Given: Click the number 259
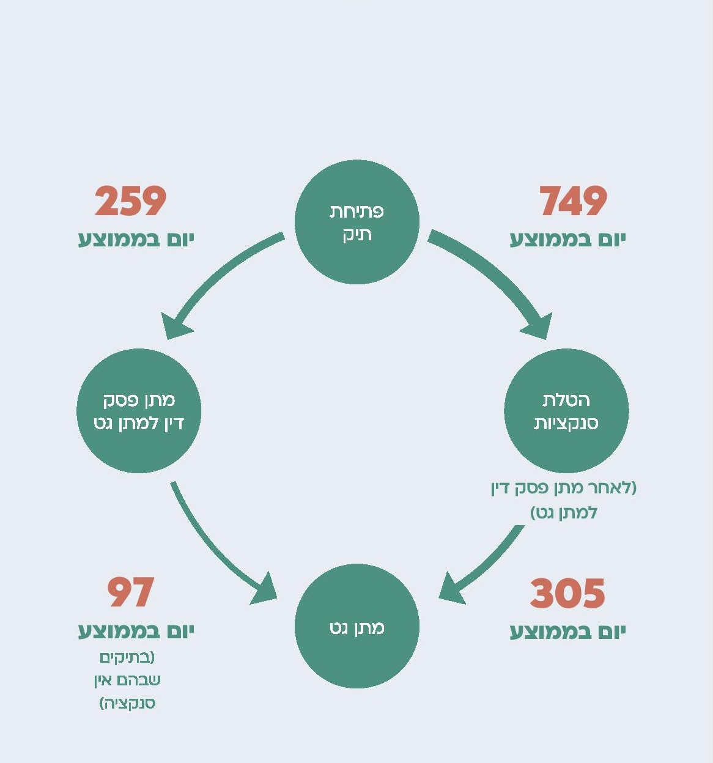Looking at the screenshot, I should pos(130,201).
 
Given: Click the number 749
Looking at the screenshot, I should pos(573,201).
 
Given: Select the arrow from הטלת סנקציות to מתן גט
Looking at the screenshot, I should pos(489,559).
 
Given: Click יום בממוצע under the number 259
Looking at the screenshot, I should pos(136,239).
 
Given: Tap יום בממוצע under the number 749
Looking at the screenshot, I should pos(567,239).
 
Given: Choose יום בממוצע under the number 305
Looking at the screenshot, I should pos(567,632).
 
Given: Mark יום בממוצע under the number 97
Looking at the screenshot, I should pos(136,630).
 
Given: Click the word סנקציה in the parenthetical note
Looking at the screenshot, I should pos(128,703).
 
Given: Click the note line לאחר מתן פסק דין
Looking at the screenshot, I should pos(564,488).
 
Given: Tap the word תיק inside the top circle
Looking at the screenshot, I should pos(357,235).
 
